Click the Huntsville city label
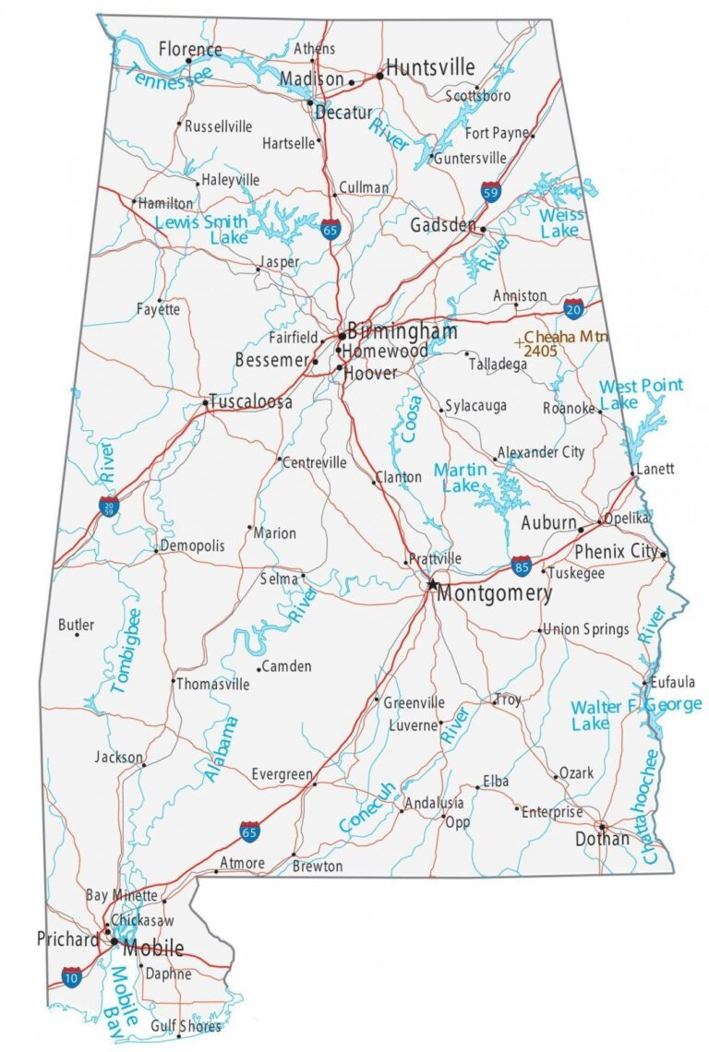(x=430, y=67)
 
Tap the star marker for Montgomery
(x=431, y=584)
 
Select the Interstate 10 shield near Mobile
(x=72, y=977)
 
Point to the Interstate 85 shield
(x=522, y=564)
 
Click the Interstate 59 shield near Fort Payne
(x=491, y=192)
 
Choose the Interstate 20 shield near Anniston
(x=573, y=306)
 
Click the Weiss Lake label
(x=560, y=222)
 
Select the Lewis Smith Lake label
(x=202, y=230)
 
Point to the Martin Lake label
(x=459, y=477)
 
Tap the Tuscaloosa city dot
(x=205, y=402)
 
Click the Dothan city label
(x=602, y=839)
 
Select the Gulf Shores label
(x=187, y=1026)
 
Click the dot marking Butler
(x=77, y=634)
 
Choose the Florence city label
(x=190, y=49)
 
